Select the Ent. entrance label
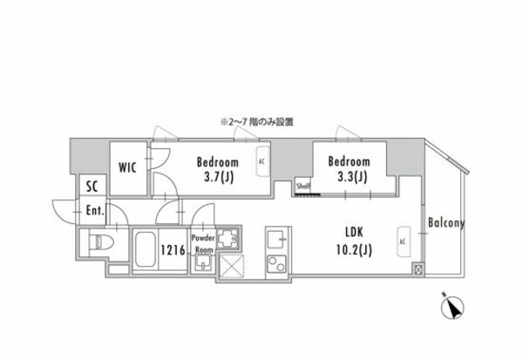95,210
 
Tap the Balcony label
445,223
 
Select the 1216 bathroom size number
172,249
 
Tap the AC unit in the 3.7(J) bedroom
261,162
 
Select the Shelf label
302,185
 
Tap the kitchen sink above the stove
275,238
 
